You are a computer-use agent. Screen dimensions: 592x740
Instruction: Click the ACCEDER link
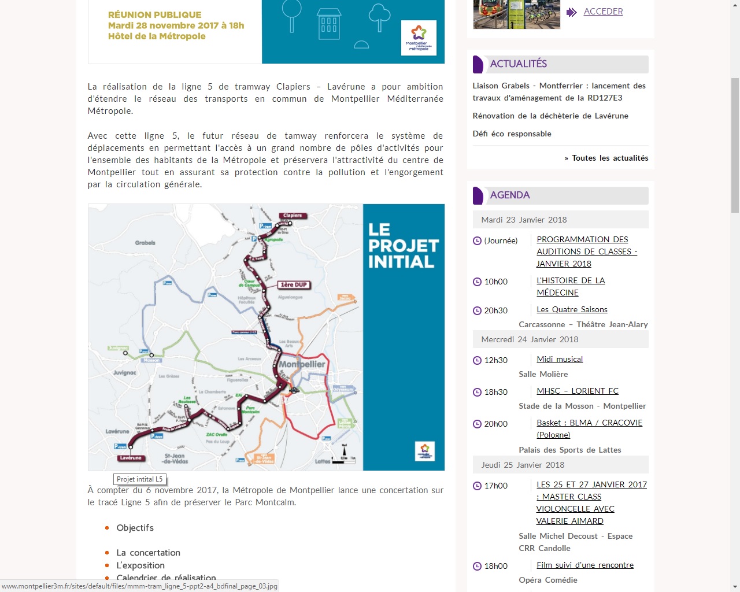[603, 12]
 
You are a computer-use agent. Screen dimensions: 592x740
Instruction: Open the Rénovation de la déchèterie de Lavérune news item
[550, 116]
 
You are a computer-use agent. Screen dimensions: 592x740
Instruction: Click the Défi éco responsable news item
[512, 134]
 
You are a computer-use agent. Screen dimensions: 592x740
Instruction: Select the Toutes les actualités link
[609, 158]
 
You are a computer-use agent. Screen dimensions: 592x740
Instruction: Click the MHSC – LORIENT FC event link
[577, 391]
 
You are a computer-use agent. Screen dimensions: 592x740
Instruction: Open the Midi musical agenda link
[559, 359]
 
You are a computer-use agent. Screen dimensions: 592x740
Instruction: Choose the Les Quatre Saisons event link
[572, 309]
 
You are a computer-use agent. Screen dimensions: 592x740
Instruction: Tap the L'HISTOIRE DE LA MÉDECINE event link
[570, 286]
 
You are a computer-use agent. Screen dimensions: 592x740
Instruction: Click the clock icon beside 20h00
[477, 424]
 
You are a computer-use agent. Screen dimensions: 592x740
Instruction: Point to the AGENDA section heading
[509, 195]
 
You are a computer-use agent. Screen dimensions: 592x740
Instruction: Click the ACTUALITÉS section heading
[518, 64]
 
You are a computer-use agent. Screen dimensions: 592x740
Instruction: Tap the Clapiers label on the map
[293, 216]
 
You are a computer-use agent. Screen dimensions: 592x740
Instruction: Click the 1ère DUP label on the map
[294, 284]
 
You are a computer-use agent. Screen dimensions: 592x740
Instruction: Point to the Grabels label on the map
[145, 243]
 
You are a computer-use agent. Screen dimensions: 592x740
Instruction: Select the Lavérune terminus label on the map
[130, 458]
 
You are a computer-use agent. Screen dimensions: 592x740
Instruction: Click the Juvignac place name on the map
[124, 372]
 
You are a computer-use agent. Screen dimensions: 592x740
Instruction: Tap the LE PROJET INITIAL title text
[403, 246]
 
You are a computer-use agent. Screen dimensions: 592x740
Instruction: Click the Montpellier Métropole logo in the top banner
[419, 38]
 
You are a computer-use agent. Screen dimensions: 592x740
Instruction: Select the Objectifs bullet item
[135, 528]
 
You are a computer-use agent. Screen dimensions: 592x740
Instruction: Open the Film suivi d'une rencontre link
[584, 565]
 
